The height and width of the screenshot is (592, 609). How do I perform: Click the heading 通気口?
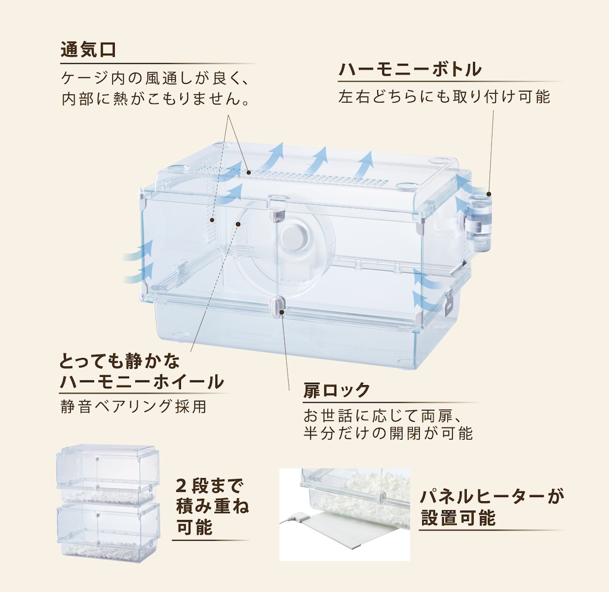(88, 50)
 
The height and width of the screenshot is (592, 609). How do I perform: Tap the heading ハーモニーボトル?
(410, 70)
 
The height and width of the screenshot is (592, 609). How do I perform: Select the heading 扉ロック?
(337, 390)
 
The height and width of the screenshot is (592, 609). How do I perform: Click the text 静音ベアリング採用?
(134, 406)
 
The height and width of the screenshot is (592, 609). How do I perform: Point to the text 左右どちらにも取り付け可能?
(444, 97)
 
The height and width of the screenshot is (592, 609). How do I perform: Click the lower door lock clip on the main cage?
(279, 306)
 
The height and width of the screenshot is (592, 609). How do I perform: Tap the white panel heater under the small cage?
(357, 538)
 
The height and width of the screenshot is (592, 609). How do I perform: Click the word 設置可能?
(458, 518)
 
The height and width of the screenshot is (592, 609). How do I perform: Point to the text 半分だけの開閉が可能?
(388, 434)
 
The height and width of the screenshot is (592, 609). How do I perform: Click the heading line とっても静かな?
(120, 359)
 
